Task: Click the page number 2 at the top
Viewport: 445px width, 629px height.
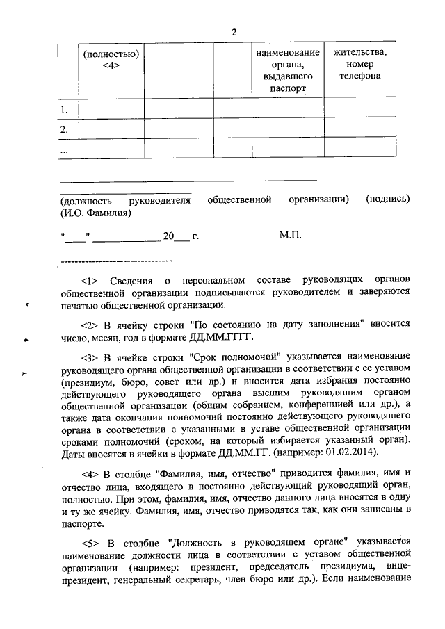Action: [x=234, y=33]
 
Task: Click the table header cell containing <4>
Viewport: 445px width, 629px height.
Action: [x=111, y=59]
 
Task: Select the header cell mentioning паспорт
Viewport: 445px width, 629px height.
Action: [x=287, y=70]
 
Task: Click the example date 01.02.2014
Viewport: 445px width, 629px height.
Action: [x=350, y=452]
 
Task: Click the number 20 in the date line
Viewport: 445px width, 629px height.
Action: [x=168, y=236]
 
